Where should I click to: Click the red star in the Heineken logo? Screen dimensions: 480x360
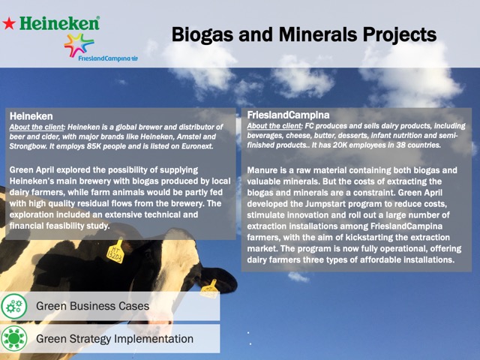click(9, 23)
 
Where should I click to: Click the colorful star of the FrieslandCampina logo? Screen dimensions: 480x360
click(79, 45)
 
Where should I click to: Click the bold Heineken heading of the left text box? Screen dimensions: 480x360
click(31, 116)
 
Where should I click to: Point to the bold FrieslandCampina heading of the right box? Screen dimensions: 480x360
click(288, 115)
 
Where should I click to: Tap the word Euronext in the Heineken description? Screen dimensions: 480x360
click(197, 146)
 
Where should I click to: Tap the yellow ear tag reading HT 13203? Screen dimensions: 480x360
click(115, 252)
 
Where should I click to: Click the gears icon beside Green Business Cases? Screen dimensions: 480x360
click(14, 306)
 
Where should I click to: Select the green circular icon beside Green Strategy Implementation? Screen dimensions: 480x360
click(14, 338)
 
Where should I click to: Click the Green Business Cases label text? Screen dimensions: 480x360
click(93, 306)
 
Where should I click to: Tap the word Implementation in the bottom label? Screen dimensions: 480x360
click(154, 339)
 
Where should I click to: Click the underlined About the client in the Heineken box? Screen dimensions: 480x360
click(37, 127)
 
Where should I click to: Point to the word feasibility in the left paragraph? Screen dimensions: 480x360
click(66, 226)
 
